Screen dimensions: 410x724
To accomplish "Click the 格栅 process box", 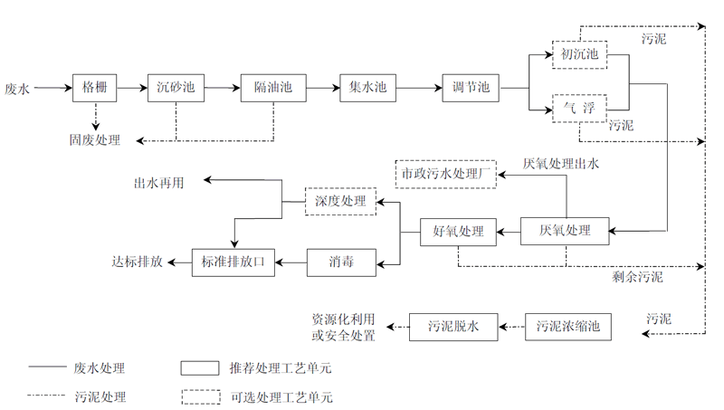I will tap(94, 88).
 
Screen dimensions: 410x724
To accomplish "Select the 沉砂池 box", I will tap(176, 88).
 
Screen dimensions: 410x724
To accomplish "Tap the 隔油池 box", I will tap(273, 88).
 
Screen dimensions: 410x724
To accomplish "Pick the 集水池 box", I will tap(367, 88).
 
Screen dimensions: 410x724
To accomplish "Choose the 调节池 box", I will tap(471, 88).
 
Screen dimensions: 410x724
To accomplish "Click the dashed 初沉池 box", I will tap(579, 55).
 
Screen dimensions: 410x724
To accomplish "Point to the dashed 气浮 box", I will tap(579, 108).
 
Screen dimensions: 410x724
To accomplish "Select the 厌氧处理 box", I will tap(565, 232).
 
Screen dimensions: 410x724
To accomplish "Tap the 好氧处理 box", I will tap(459, 232).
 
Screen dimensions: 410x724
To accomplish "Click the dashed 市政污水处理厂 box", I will tap(447, 172).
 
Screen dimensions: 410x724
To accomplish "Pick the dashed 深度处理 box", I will tap(341, 201).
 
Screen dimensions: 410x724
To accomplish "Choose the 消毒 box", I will tap(341, 263).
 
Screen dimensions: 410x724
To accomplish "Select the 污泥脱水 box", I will tap(452, 326).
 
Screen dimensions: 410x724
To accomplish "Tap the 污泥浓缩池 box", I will tap(567, 326).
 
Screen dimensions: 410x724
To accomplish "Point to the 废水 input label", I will tap(17, 89).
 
